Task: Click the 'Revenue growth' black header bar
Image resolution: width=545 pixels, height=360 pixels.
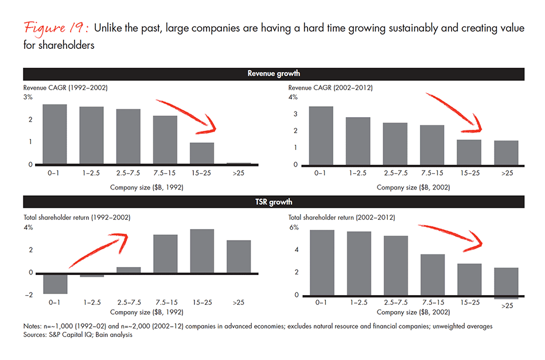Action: [273, 73]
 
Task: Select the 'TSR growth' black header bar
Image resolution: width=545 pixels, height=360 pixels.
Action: [273, 202]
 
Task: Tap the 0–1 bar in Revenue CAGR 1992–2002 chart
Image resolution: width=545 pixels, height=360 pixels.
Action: [55, 134]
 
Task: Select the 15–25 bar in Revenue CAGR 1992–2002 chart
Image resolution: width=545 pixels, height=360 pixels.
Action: [202, 153]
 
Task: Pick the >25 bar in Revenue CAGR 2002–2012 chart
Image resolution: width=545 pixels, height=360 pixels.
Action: [506, 153]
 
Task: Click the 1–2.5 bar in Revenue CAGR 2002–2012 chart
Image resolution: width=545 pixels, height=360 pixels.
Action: [357, 141]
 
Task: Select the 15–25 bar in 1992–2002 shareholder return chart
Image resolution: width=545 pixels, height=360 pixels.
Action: [202, 251]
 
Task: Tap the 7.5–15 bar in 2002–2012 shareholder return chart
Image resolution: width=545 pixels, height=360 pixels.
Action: [432, 274]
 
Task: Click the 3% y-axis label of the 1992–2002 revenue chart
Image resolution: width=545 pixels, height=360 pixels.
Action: [28, 98]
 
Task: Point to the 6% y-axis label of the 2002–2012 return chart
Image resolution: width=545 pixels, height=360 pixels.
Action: [294, 228]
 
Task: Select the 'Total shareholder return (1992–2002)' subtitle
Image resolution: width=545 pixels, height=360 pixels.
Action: [77, 218]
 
